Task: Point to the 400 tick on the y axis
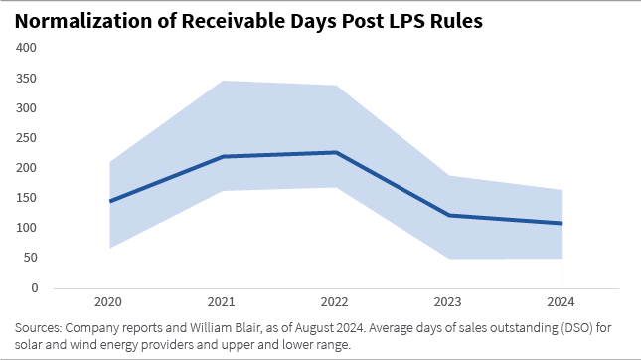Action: coord(27,48)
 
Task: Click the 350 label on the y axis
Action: coord(27,78)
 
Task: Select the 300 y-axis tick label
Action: coord(27,107)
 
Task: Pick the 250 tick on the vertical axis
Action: coord(27,138)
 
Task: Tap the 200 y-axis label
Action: coord(27,168)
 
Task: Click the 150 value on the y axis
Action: coord(27,198)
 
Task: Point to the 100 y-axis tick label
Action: coord(27,228)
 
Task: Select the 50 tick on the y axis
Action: coord(30,259)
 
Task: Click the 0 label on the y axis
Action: coord(34,288)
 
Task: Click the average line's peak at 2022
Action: coord(335,152)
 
